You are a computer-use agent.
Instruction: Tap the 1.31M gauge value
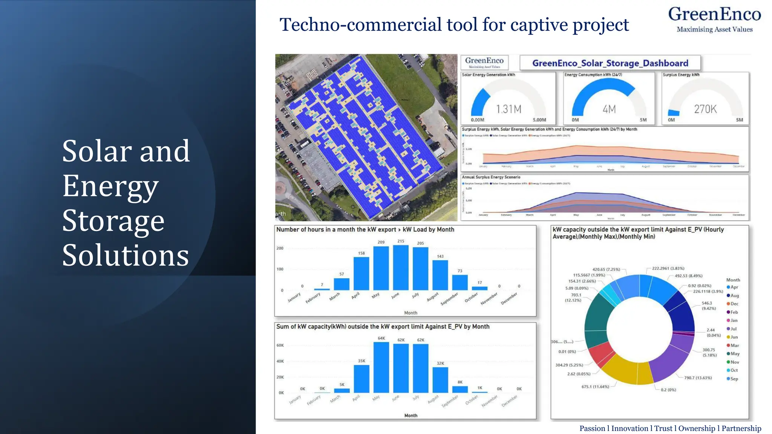click(509, 109)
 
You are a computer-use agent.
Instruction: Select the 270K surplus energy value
click(705, 109)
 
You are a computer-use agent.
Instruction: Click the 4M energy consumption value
click(609, 109)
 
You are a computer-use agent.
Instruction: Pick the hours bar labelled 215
click(401, 267)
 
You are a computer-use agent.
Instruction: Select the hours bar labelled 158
click(361, 274)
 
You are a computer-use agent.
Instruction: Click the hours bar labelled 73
click(460, 283)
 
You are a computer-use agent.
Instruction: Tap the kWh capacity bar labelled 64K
click(381, 367)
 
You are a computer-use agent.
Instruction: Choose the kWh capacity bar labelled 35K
click(361, 379)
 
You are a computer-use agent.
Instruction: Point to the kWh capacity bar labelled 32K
click(440, 380)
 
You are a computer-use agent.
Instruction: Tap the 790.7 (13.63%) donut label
click(698, 378)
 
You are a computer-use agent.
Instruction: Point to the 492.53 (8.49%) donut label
click(688, 276)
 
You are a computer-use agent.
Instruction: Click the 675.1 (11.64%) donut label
click(595, 387)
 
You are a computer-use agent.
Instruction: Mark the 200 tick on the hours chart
click(280, 248)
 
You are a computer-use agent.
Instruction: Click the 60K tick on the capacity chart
click(280, 345)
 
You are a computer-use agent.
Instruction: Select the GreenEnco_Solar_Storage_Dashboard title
click(610, 63)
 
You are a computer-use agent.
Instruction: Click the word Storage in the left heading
click(113, 221)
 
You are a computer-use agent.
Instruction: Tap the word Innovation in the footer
click(630, 428)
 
